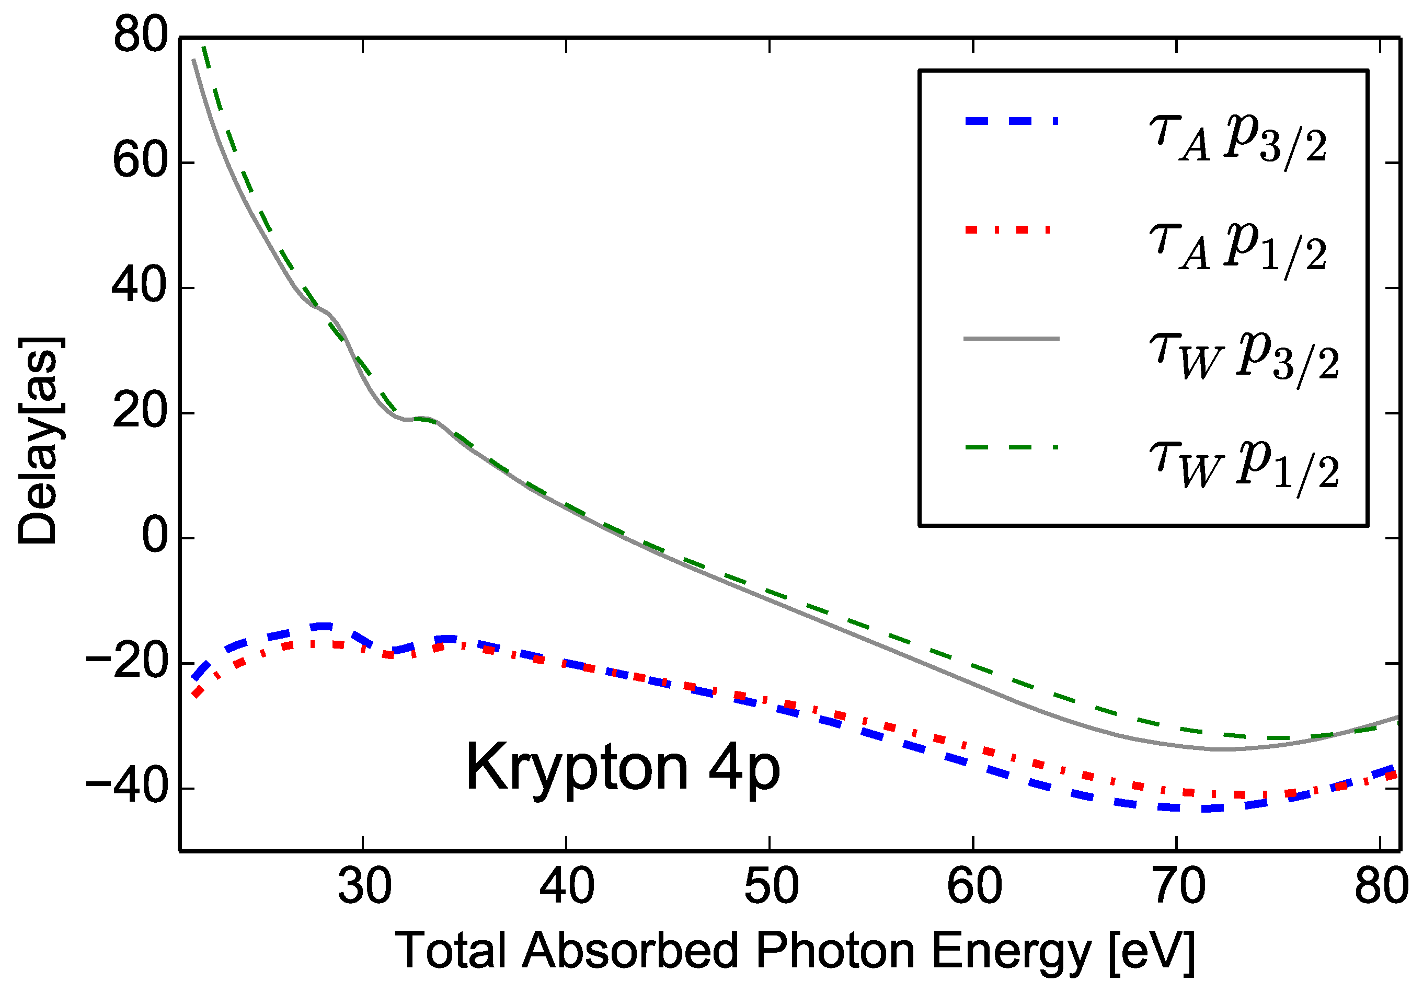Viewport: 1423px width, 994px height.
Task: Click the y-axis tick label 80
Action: (x=141, y=36)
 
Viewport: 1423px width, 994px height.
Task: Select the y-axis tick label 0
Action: (x=155, y=536)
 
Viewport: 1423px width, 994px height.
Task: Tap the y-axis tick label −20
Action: (x=127, y=663)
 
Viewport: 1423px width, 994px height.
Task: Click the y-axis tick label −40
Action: (x=127, y=788)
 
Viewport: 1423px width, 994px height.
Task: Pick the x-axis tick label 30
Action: (x=364, y=887)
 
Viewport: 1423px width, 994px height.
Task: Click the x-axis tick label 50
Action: (x=771, y=887)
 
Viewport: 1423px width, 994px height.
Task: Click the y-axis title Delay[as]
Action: (x=39, y=441)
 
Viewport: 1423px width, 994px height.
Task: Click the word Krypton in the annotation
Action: (x=577, y=768)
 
